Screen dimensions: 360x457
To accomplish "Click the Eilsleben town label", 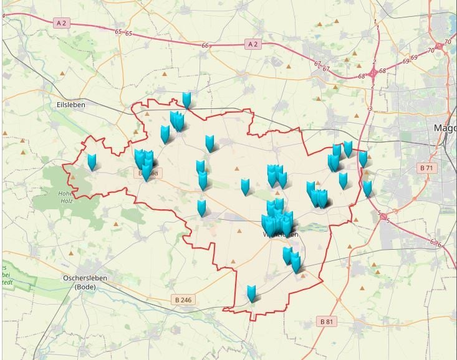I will click(x=70, y=105).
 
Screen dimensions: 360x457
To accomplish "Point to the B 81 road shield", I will click(x=327, y=321).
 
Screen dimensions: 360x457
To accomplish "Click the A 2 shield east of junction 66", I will click(x=252, y=44).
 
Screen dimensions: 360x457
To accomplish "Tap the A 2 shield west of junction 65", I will click(x=61, y=23).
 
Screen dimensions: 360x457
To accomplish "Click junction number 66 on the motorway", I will click(x=205, y=45).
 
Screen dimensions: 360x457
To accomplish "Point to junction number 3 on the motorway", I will click(x=370, y=110).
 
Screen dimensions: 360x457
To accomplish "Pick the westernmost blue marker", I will click(x=92, y=163).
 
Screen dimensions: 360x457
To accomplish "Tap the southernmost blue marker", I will click(x=251, y=293).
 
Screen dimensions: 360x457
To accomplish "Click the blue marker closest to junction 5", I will click(x=367, y=189).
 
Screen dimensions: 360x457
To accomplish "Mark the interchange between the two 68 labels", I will click(x=373, y=73).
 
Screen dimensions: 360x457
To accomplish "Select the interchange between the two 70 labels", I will click(x=440, y=45).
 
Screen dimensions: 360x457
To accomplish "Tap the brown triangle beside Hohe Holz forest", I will click(x=73, y=177).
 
